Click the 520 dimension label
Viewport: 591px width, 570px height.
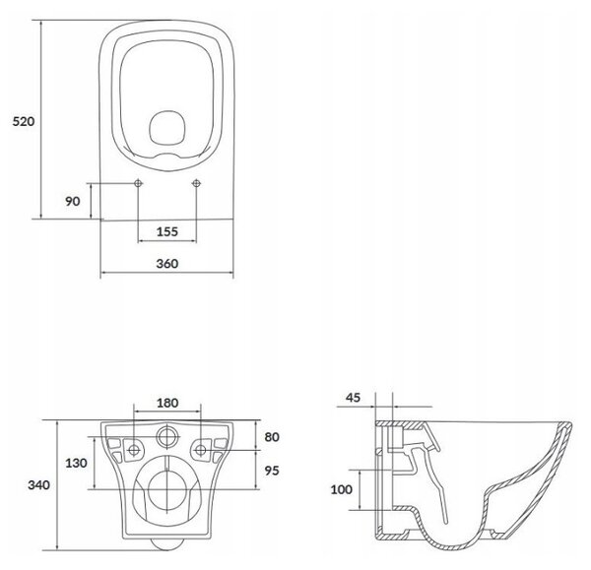[x=24, y=121]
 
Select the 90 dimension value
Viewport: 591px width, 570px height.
[x=73, y=201]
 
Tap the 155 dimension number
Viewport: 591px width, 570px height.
[x=167, y=231]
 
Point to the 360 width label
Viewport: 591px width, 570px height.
[x=167, y=263]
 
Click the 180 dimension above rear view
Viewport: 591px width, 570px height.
[x=167, y=403]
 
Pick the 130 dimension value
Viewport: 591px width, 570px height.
[x=76, y=463]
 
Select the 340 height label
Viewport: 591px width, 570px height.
[x=38, y=485]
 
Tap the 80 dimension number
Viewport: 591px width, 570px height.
[x=272, y=437]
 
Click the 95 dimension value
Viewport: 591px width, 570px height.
[x=272, y=471]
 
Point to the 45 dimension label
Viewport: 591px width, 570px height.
[x=353, y=398]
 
